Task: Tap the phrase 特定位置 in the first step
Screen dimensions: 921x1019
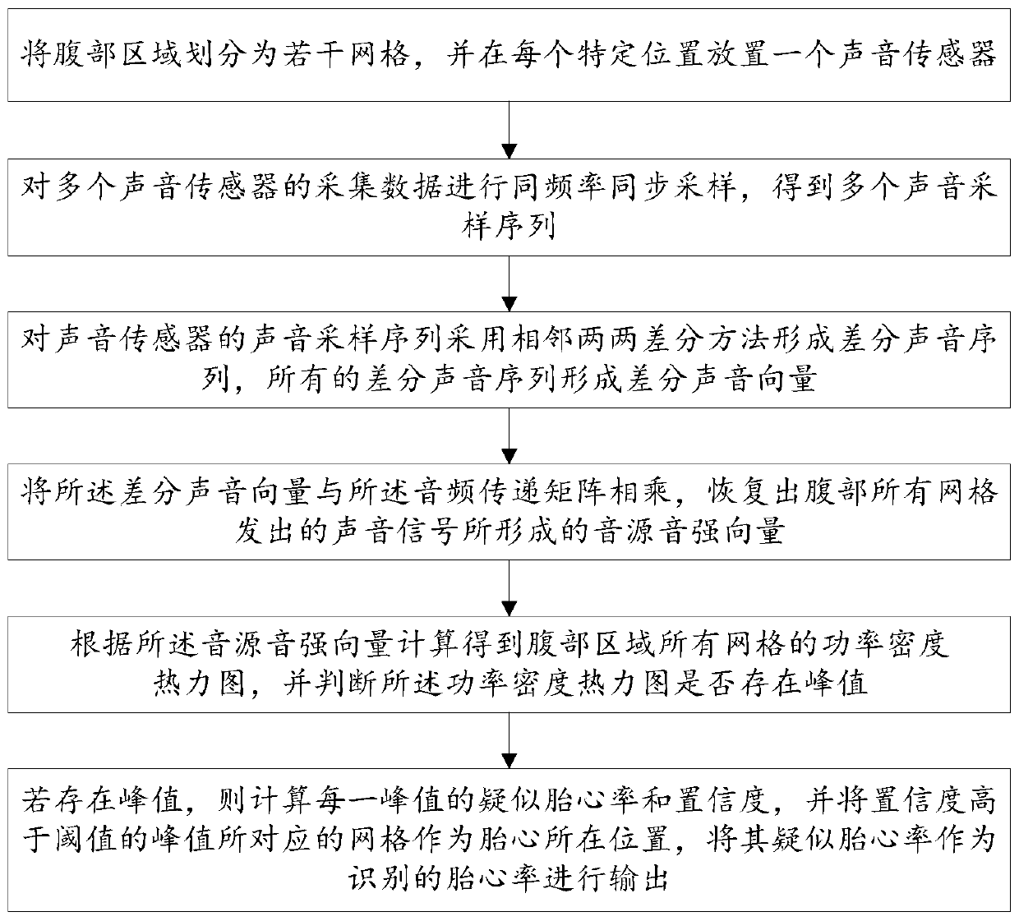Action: (606, 55)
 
